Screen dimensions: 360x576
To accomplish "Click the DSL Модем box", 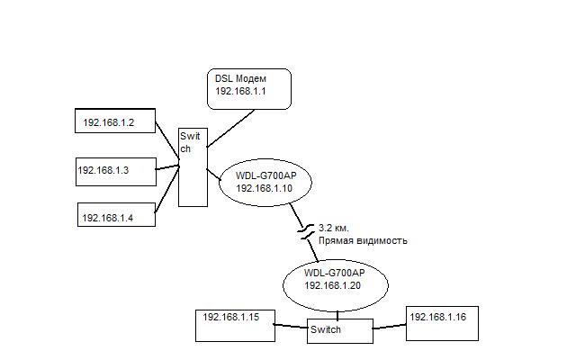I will click(249, 88).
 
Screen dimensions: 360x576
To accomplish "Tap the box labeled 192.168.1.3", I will click(115, 168).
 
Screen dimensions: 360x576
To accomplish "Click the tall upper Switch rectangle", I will click(193, 166).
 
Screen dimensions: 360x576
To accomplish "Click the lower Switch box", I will click(337, 330).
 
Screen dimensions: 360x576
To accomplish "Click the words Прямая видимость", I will click(363, 240).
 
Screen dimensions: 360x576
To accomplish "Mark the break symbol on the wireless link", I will click(307, 233).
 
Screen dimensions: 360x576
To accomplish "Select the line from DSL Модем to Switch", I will click(229, 128).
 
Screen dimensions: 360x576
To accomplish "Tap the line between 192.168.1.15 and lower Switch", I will click(291, 328).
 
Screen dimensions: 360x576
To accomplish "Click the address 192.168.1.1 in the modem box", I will click(240, 93).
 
